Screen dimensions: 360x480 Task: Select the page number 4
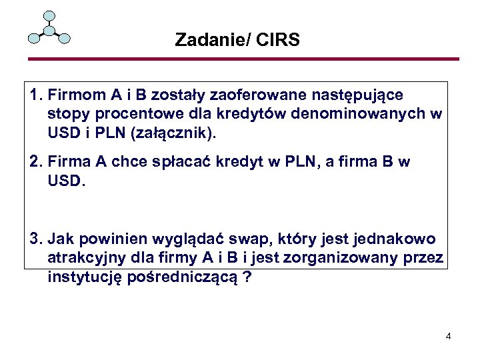449,336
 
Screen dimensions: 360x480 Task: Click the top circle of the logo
49,16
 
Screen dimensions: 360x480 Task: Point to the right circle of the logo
65,38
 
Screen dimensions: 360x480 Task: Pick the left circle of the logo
33,38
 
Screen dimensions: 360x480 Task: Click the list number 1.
35,95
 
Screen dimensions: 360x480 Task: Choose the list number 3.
35,239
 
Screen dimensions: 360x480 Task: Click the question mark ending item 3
248,277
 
